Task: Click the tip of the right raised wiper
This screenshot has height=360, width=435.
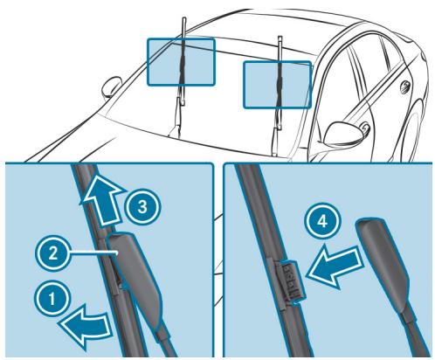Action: pyautogui.click(x=279, y=38)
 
